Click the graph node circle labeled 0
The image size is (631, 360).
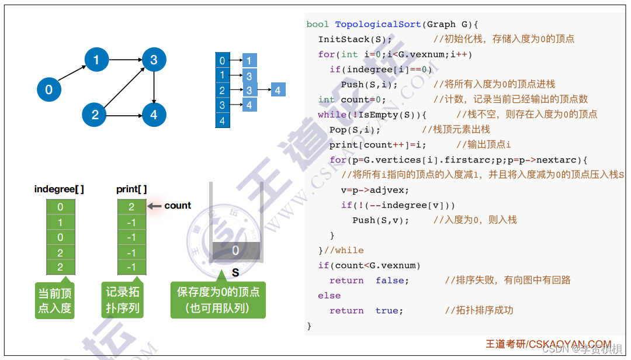coord(49,89)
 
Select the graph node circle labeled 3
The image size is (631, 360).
coord(154,59)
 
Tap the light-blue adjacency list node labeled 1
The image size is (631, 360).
coord(249,60)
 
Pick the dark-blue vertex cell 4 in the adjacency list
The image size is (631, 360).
coord(222,121)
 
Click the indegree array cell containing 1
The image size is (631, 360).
coord(60,222)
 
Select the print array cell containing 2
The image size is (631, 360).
coord(131,206)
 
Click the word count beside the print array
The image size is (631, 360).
coord(178,206)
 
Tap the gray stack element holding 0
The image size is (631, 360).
coord(235,251)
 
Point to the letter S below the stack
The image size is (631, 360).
coord(235,272)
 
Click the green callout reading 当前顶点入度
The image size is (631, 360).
coord(55,300)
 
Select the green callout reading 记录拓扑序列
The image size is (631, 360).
coord(123,300)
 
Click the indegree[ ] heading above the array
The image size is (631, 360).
coord(59,189)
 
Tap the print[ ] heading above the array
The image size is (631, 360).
coord(131,189)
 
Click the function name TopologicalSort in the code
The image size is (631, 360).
coord(378,24)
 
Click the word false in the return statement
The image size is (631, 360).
coord(392,281)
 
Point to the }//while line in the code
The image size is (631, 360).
coord(341,250)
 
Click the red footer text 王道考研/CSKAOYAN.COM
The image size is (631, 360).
coord(548,344)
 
